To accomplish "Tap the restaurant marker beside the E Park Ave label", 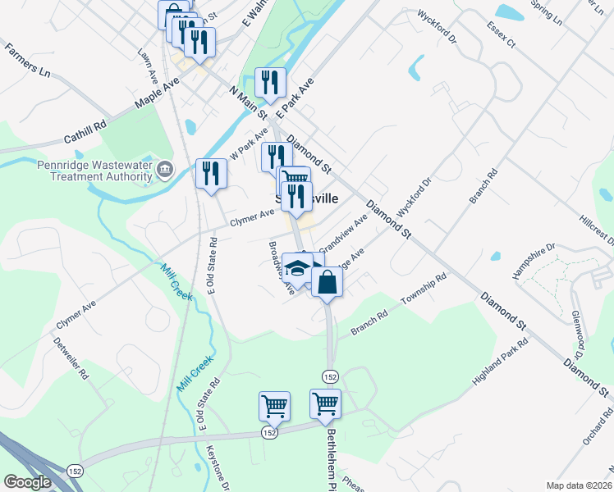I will [x=270, y=82].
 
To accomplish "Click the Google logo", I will [x=27, y=482].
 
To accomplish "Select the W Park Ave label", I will [x=249, y=143].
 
